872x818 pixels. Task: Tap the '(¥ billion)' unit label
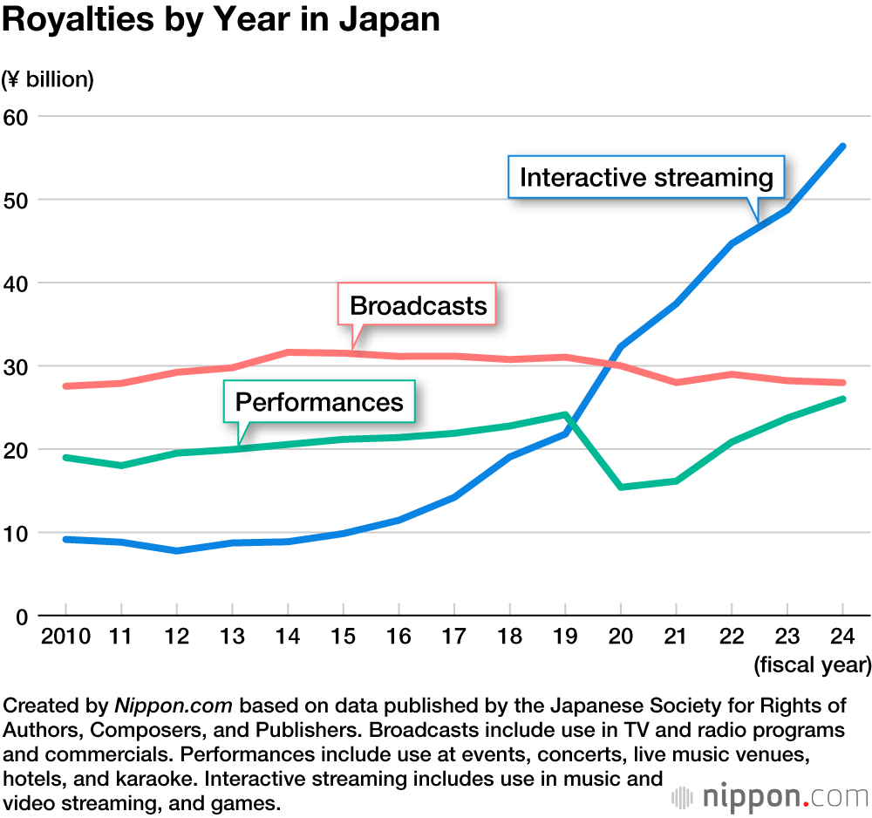coord(48,79)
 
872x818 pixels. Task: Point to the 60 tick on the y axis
coord(17,117)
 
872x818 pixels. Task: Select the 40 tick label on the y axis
coord(17,283)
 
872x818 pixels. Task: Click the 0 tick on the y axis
coord(23,617)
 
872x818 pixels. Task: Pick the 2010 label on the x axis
coord(66,637)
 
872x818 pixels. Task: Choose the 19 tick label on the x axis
coord(565,637)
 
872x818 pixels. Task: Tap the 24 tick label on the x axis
coord(842,637)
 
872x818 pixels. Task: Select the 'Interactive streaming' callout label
coord(646,178)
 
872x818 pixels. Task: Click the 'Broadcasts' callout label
coord(418,305)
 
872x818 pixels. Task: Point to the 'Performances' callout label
coord(319,402)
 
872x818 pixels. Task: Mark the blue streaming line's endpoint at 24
coord(842,147)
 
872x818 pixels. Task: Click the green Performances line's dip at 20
coord(621,487)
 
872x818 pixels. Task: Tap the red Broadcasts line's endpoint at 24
coord(842,383)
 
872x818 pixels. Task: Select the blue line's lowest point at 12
coord(177,551)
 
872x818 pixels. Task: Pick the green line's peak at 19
coord(565,415)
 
